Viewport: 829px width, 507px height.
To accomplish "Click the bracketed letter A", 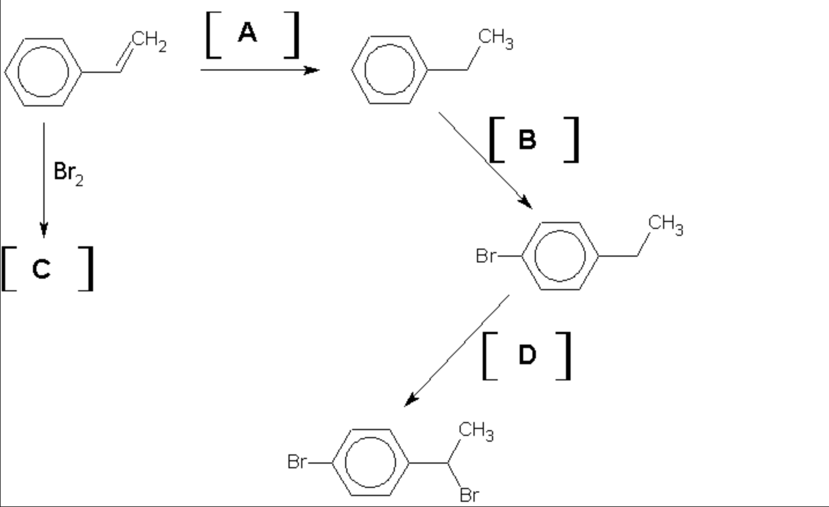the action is [247, 33].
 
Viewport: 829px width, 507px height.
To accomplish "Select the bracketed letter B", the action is [527, 140].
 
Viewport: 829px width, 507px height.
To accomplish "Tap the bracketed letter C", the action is [42, 269].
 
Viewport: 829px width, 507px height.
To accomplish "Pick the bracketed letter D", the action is [527, 355].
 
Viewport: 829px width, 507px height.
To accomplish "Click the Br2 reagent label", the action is [68, 172].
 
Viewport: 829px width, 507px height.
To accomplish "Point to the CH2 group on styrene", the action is [149, 42].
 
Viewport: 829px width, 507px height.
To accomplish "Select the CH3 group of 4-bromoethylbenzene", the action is [665, 224].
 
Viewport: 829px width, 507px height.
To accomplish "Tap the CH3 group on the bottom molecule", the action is [476, 431].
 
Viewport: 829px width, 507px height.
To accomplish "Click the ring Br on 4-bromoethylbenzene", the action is [486, 256].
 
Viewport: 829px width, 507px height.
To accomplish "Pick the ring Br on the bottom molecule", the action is [297, 462].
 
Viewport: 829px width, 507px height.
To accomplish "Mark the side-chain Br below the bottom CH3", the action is [469, 495].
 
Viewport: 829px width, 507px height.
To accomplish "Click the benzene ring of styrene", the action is [43, 72].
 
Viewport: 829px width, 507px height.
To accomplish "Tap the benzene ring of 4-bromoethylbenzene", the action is [560, 256].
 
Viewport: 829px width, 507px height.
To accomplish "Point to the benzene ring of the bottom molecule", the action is [371, 462].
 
